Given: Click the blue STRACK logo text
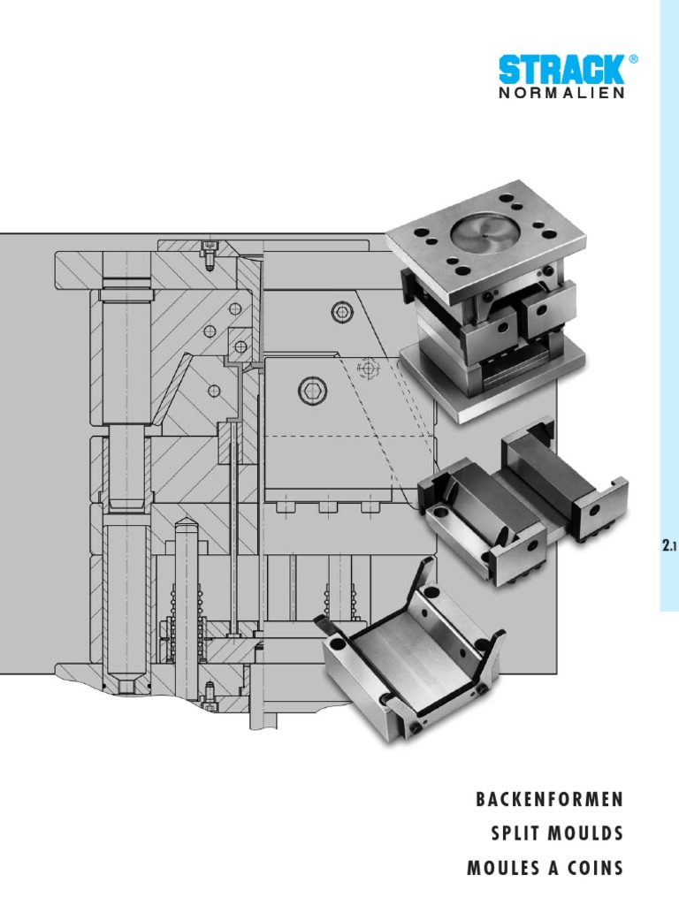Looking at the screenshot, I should coord(561,72).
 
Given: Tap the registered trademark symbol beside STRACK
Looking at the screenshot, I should coord(632,59).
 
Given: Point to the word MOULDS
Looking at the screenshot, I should coord(589,834).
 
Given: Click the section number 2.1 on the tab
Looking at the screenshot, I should coord(668,548).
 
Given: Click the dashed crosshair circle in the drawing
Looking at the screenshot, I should coord(368,366).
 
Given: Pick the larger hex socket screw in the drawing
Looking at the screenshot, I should coord(311,389).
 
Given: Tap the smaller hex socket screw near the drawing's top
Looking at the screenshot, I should coord(341,310).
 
